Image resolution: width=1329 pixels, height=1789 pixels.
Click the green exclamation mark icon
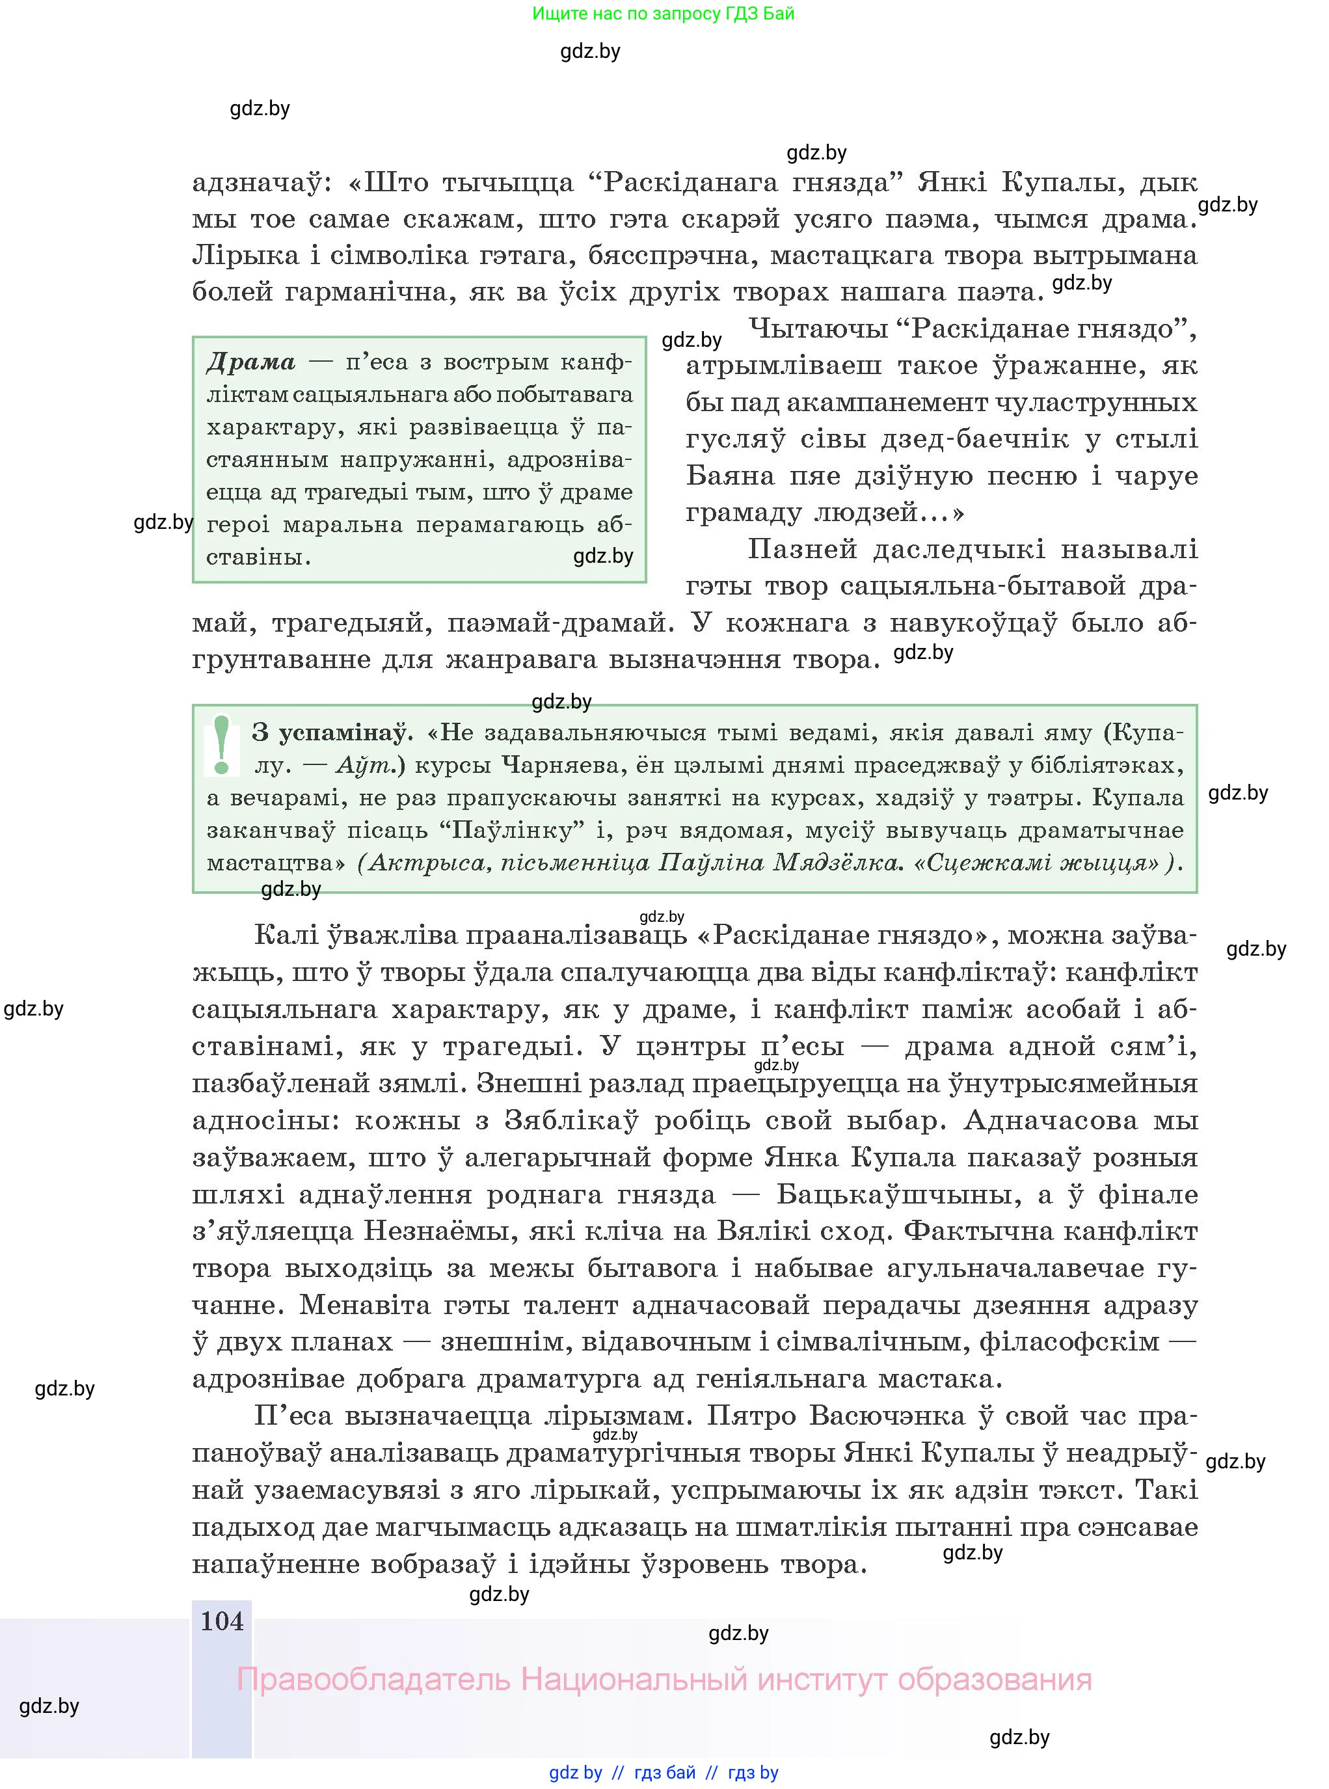click(222, 745)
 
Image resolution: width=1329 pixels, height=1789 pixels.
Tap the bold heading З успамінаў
click(332, 733)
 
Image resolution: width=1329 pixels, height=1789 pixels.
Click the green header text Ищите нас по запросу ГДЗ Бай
click(663, 14)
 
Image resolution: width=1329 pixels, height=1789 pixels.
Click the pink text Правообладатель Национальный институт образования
click(664, 1679)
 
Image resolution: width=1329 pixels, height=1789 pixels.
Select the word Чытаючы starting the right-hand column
click(816, 329)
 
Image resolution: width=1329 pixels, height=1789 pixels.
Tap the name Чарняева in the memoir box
click(548, 765)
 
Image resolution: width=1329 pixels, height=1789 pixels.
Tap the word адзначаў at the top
click(257, 183)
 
